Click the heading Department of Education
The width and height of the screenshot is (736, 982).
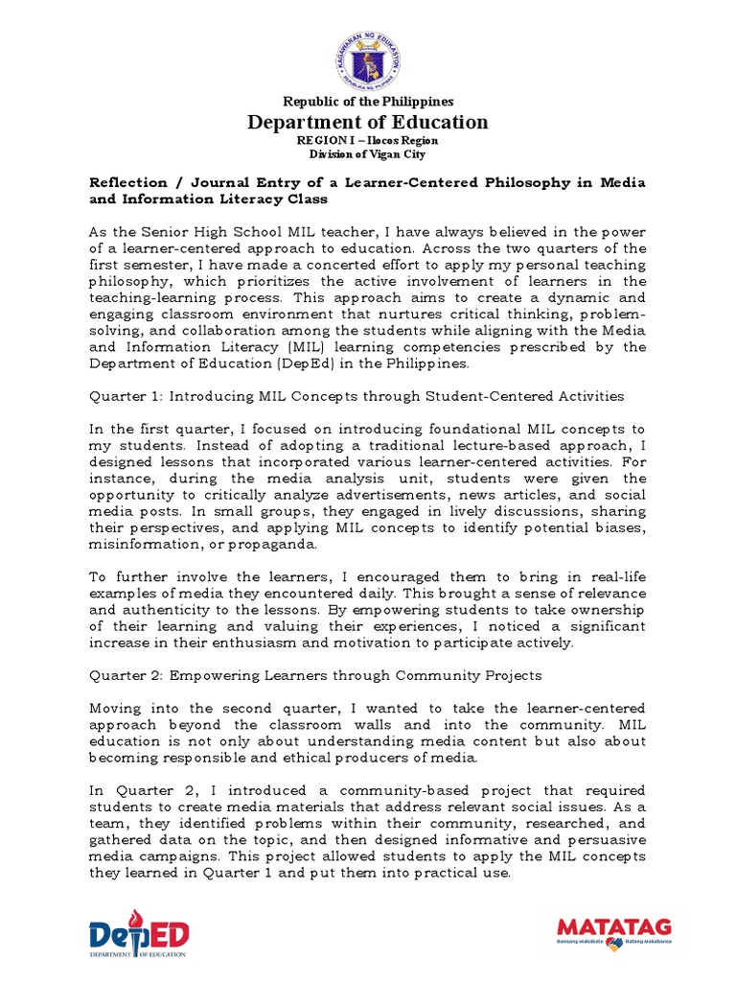pos(368,122)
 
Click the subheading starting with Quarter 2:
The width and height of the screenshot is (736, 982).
pos(316,675)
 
